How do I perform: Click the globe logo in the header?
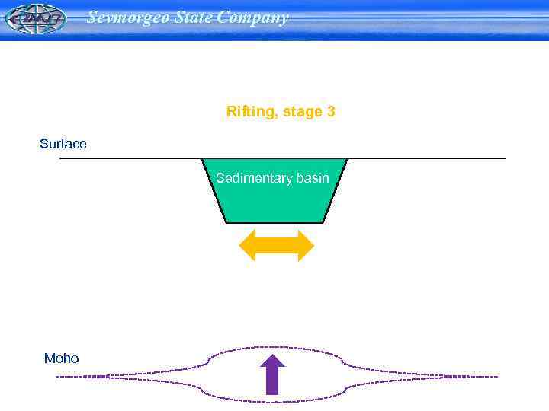pyautogui.click(x=35, y=19)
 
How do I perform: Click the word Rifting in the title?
pyautogui.click(x=252, y=112)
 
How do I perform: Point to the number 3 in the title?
pyautogui.click(x=331, y=112)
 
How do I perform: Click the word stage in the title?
pyautogui.click(x=303, y=113)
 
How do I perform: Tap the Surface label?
pyautogui.click(x=63, y=144)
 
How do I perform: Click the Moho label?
pyautogui.click(x=61, y=358)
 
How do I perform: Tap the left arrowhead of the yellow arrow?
pyautogui.click(x=247, y=246)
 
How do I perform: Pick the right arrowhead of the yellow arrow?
pyautogui.click(x=306, y=246)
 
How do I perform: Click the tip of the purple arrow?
pyautogui.click(x=272, y=354)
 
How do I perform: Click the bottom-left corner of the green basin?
pyautogui.click(x=226, y=221)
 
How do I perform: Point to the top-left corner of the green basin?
pyautogui.click(x=202, y=159)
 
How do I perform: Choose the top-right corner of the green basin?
pyautogui.click(x=348, y=159)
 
